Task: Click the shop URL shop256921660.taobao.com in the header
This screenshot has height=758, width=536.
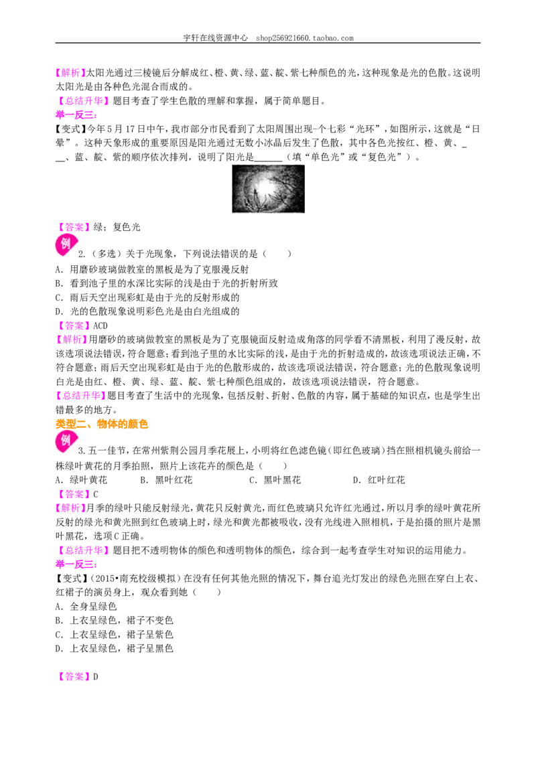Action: tap(305, 37)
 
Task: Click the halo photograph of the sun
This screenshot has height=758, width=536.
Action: tap(269, 189)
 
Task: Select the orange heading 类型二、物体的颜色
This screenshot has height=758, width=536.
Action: tap(102, 424)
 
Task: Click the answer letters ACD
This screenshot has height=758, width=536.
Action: tap(100, 326)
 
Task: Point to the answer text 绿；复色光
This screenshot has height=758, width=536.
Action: tap(117, 227)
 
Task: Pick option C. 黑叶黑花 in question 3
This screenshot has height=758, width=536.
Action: tap(275, 480)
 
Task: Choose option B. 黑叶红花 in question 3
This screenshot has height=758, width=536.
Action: tap(166, 480)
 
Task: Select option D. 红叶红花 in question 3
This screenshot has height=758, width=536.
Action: tap(379, 480)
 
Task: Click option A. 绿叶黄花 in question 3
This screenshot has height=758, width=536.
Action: tap(81, 480)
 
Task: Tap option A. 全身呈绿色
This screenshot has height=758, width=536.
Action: tap(86, 606)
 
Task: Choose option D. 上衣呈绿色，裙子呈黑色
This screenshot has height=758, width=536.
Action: tap(114, 648)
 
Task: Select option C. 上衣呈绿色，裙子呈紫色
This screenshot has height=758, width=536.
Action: tap(114, 634)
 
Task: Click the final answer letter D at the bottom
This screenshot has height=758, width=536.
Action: tap(95, 677)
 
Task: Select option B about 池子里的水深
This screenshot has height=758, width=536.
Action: tap(166, 283)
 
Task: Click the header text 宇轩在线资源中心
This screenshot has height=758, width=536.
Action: tap(215, 37)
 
